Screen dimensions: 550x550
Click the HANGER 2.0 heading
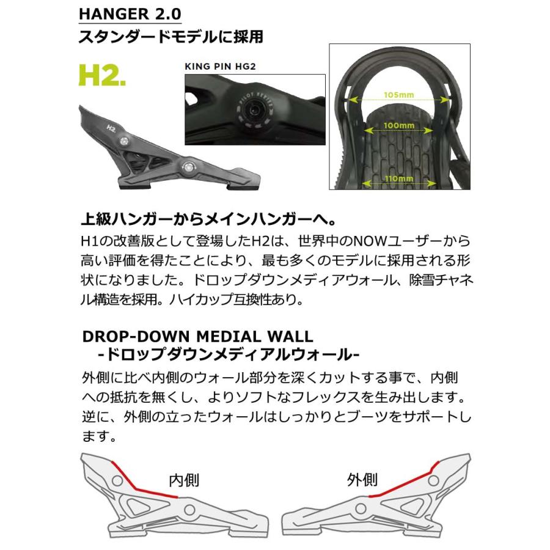130,13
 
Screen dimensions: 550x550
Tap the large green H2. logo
102,75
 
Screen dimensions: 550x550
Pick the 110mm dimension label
399,178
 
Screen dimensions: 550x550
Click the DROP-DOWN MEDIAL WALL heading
197,336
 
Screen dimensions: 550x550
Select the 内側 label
183,480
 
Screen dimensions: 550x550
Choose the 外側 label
363,479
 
